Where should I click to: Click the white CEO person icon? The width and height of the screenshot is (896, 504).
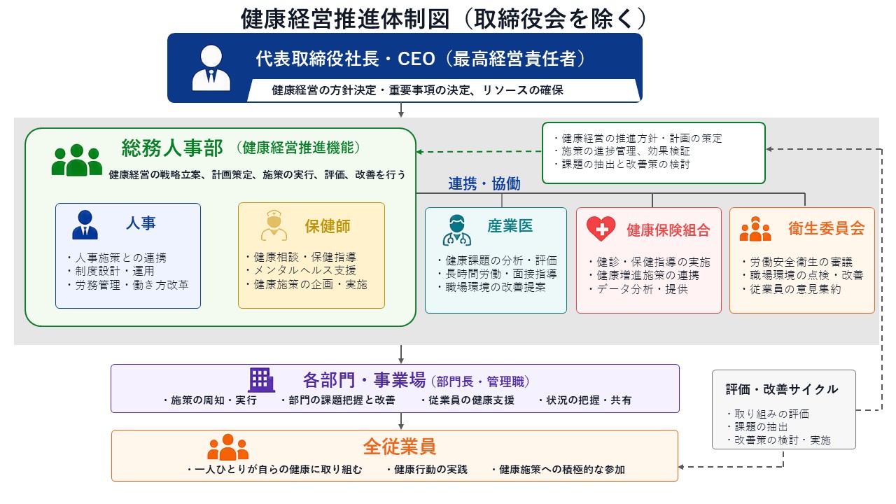point(211,68)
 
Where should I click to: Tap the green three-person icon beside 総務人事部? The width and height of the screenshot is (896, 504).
point(77,160)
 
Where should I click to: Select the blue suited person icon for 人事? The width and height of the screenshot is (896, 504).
point(85,225)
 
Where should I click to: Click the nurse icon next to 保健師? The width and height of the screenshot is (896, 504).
point(274,225)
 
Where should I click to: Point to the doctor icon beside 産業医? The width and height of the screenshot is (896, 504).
point(457,230)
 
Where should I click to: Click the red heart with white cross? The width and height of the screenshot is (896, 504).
point(601,228)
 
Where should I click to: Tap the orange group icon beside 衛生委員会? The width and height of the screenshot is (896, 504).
point(755,229)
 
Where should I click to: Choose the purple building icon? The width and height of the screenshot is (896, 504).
point(261,380)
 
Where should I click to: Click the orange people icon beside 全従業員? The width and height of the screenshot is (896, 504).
point(227,447)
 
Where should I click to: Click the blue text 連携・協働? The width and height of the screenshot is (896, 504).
point(484,183)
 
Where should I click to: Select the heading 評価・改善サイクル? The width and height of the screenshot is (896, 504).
point(782,389)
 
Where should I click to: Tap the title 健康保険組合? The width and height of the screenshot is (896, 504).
point(668,230)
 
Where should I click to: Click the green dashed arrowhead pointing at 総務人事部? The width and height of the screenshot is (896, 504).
point(419,152)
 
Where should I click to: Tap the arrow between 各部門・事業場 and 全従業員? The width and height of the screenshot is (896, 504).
point(401,421)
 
